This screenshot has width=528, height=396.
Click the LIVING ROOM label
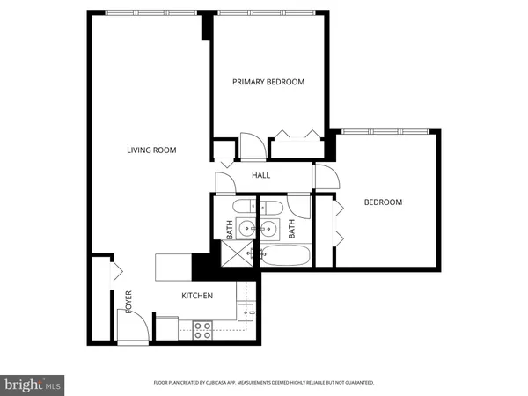(151, 150)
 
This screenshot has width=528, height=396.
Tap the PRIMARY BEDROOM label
(268, 82)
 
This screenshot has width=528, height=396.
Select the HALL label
(261, 175)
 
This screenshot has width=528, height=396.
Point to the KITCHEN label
(197, 296)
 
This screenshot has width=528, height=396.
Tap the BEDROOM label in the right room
(383, 202)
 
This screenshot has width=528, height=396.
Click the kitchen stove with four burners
(202, 330)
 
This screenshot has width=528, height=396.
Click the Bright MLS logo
(33, 385)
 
